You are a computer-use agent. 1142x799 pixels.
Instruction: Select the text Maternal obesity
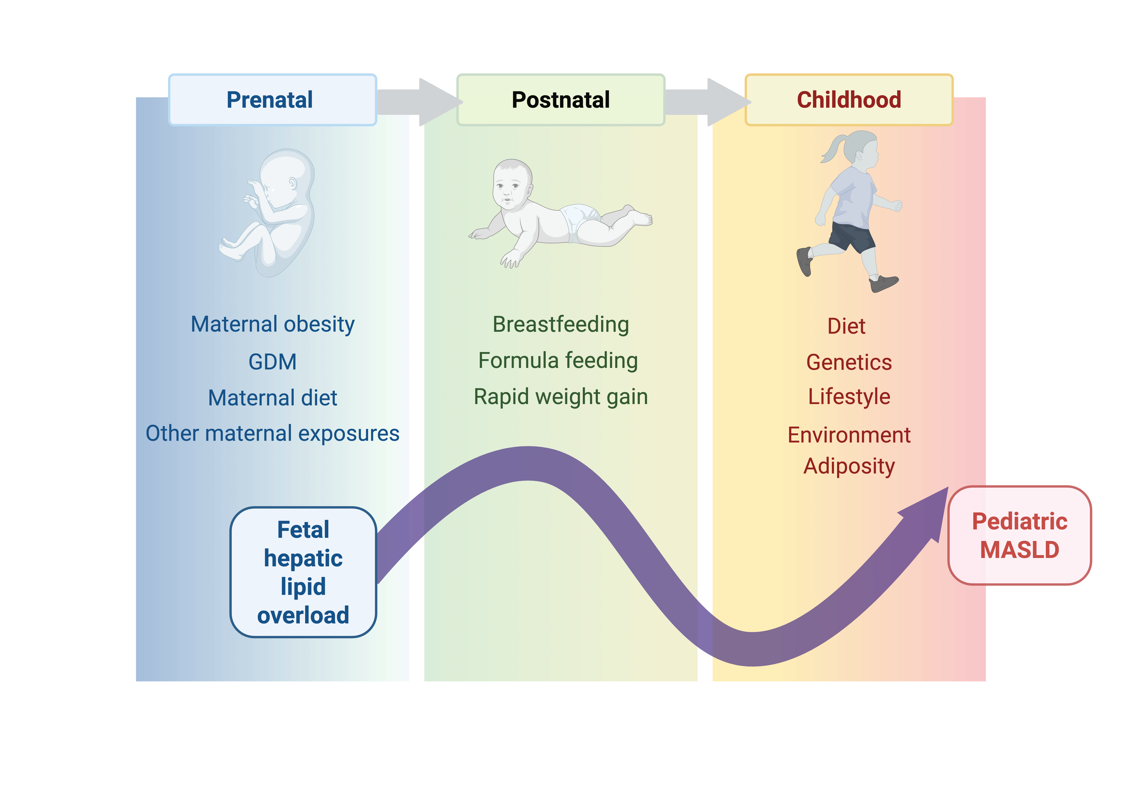[273, 324]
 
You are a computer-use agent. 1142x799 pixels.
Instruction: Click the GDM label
[273, 361]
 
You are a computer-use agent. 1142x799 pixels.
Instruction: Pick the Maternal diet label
[273, 398]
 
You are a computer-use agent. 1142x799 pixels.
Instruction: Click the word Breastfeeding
[561, 324]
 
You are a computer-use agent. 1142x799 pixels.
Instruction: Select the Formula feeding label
[558, 361]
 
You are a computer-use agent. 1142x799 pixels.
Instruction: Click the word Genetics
[849, 362]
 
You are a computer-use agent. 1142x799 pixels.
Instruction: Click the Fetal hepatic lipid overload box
[303, 572]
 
